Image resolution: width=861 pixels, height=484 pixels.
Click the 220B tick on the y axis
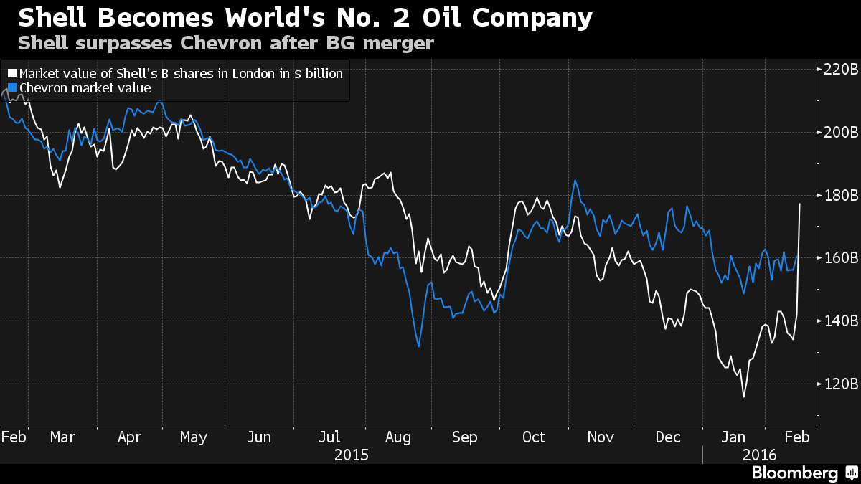(x=818, y=70)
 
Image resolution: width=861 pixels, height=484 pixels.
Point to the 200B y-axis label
(x=840, y=133)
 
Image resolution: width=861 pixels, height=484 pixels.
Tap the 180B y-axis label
(x=840, y=196)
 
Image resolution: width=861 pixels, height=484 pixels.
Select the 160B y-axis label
(x=840, y=258)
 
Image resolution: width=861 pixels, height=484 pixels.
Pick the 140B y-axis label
(x=840, y=321)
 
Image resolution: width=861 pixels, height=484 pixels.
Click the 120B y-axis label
(x=840, y=384)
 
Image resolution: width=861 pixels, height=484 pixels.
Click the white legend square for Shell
(x=11, y=73)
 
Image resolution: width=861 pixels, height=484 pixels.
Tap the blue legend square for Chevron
(x=11, y=88)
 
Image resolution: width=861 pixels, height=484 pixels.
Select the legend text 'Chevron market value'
(x=85, y=88)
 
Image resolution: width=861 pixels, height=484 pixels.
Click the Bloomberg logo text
(x=794, y=473)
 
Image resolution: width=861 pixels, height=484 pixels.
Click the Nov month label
(x=601, y=437)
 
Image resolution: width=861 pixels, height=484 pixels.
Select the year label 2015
(x=352, y=455)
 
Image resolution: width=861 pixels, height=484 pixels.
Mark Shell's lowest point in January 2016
(x=743, y=397)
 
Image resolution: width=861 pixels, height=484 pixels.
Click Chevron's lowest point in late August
(x=418, y=347)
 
